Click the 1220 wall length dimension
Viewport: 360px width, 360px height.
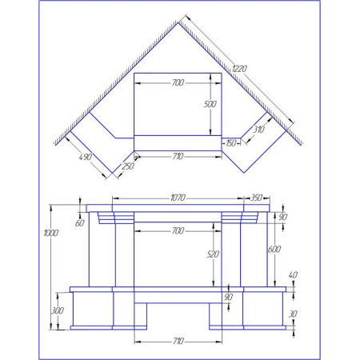click(239, 69)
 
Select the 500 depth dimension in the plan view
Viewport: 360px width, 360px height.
click(210, 104)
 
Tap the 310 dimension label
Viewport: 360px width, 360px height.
click(258, 130)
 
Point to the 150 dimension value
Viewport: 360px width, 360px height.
click(231, 143)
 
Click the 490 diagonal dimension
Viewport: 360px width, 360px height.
click(86, 157)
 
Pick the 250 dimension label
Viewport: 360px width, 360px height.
click(128, 166)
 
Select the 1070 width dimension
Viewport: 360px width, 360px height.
click(178, 198)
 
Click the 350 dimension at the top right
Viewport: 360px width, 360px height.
click(257, 198)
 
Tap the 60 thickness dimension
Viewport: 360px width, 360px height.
click(79, 223)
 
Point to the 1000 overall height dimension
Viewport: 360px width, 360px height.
click(50, 233)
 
